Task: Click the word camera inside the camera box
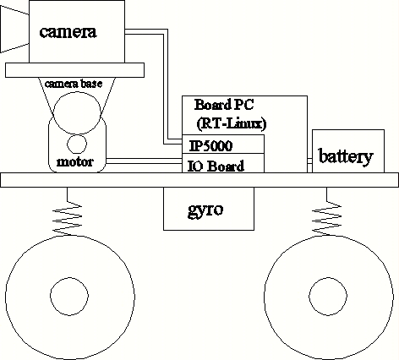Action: pyautogui.click(x=68, y=32)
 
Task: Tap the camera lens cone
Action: pyautogui.click(x=14, y=30)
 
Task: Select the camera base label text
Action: pyautogui.click(x=74, y=84)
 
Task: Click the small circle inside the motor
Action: pyautogui.click(x=77, y=145)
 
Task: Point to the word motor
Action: pyautogui.click(x=75, y=162)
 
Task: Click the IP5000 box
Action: pyautogui.click(x=223, y=145)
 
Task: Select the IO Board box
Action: pyautogui.click(x=223, y=163)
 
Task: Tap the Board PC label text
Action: pyautogui.click(x=224, y=105)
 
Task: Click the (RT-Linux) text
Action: pyautogui.click(x=232, y=123)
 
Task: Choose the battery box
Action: pyautogui.click(x=348, y=151)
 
